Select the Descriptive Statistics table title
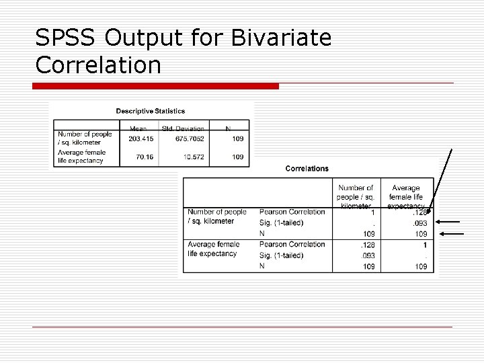point(151,111)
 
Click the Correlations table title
point(307,168)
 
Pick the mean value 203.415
point(140,138)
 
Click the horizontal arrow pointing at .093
point(449,221)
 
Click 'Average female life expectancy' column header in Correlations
point(405,196)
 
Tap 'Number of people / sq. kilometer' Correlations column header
point(356,196)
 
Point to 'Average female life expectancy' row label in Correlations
point(213,249)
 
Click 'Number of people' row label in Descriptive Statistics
point(85,138)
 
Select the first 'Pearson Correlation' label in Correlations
point(292,212)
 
